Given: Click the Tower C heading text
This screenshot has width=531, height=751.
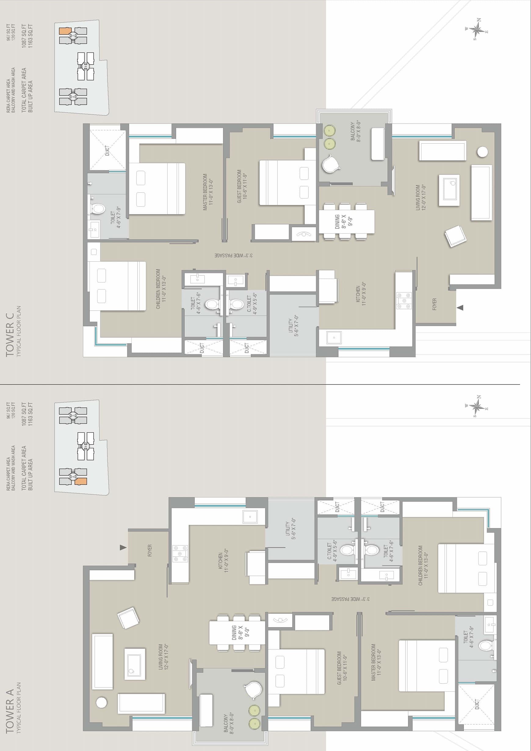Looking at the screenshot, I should click(x=10, y=334).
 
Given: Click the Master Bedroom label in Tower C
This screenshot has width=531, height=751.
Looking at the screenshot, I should click(x=208, y=192).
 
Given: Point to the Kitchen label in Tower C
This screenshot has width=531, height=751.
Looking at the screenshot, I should click(x=361, y=294).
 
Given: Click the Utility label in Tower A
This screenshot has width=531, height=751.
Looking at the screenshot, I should click(x=291, y=529).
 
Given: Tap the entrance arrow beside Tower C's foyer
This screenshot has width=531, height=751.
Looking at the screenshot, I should click(x=460, y=307).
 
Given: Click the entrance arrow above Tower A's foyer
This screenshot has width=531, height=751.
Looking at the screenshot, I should click(x=123, y=548).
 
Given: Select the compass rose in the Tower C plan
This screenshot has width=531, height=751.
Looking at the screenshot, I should click(x=477, y=30).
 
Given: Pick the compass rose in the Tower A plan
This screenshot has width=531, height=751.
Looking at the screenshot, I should click(x=477, y=406).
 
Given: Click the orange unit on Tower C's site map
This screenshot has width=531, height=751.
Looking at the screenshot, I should click(x=65, y=31).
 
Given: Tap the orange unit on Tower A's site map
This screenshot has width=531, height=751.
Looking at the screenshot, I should click(x=81, y=481).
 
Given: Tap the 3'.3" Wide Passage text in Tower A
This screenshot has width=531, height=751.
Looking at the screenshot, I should click(x=350, y=599).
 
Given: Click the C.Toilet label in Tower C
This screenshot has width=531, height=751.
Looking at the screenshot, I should click(x=252, y=304).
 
